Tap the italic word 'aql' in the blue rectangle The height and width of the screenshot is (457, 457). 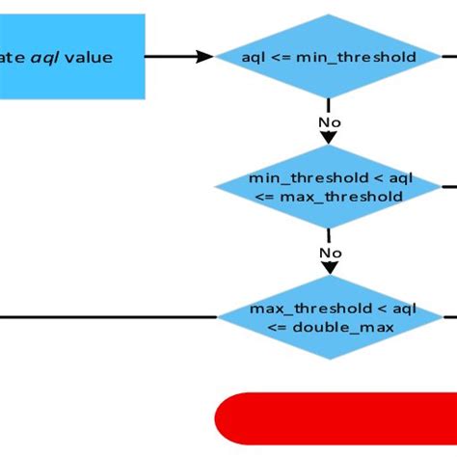point(44,58)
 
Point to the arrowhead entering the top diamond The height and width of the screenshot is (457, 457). point(204,57)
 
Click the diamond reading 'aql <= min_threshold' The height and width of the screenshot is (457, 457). point(328,57)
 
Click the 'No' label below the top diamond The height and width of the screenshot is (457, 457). point(329,122)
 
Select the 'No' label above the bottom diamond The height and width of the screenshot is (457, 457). point(331,254)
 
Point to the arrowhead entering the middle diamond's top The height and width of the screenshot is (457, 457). point(329,139)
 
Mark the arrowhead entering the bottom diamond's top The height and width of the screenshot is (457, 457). point(329,269)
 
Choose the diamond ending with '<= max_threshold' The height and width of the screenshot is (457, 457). point(328,187)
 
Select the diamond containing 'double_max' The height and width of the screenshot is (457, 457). point(330,317)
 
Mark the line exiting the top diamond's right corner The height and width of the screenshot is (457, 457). point(448,57)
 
